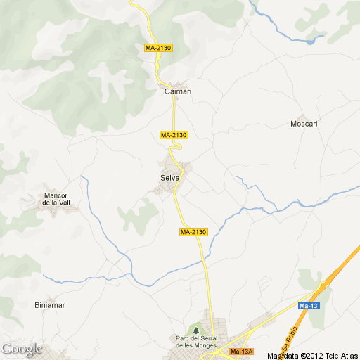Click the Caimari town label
coord(177,91)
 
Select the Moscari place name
coord(304,124)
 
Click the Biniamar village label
coord(50,305)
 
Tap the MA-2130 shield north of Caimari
coord(157,48)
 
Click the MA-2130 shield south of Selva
coord(193,232)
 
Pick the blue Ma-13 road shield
coord(309,306)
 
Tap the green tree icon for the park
coord(195,329)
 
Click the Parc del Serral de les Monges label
coord(194,342)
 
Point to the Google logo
coord(22,349)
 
